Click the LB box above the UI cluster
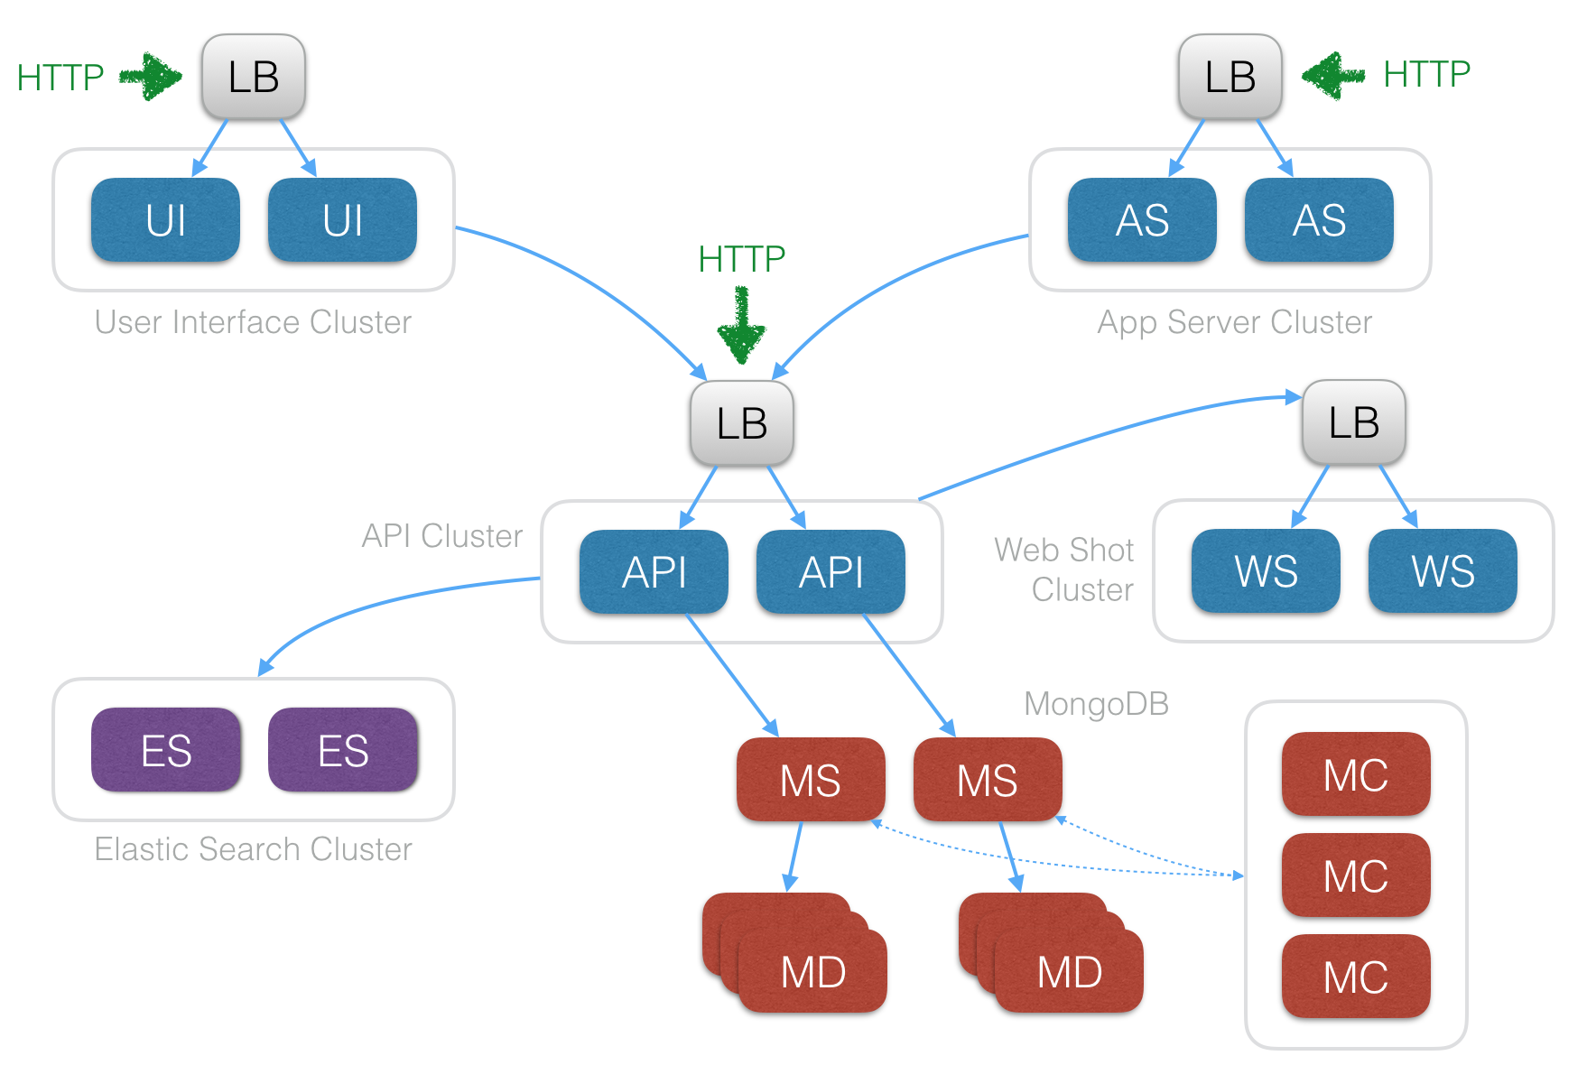(x=254, y=77)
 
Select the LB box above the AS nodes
(x=1230, y=77)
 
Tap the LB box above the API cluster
(x=741, y=423)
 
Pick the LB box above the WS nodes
(x=1353, y=422)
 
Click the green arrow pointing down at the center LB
(x=741, y=326)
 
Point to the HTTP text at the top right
(x=1426, y=74)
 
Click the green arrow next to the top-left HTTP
(x=151, y=77)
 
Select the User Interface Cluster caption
(x=253, y=322)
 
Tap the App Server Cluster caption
(x=1234, y=322)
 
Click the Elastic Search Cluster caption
(x=253, y=849)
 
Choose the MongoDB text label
(x=1096, y=703)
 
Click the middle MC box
(x=1355, y=875)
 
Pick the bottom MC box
(x=1355, y=977)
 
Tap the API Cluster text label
(x=441, y=536)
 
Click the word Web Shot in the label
(x=1063, y=550)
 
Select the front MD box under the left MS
(x=812, y=972)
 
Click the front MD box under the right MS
(x=1069, y=972)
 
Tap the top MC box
(x=1355, y=774)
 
